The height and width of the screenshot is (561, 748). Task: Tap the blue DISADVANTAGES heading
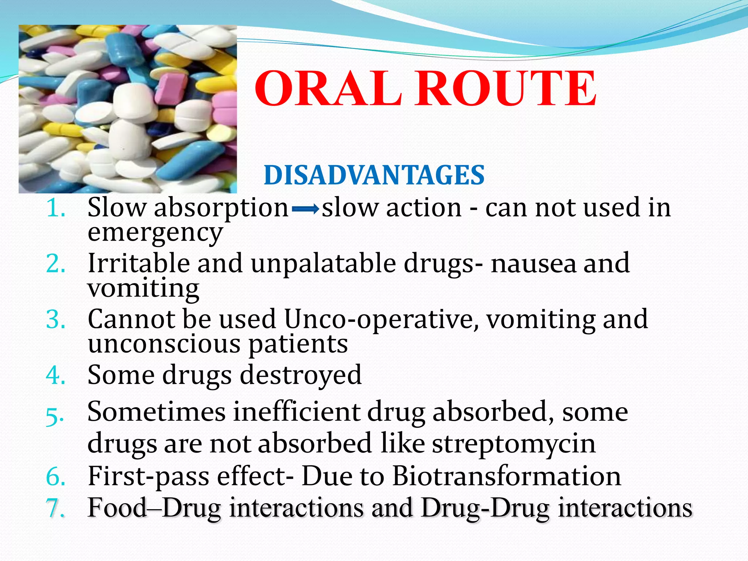tap(374, 175)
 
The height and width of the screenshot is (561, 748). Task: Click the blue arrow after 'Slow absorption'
tap(306, 209)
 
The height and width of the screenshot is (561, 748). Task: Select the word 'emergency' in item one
tap(155, 233)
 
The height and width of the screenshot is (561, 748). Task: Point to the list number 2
tap(56, 264)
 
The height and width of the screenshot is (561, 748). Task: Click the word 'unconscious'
tap(164, 344)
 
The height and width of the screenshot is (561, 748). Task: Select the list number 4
tap(56, 375)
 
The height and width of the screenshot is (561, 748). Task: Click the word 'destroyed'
tap(301, 375)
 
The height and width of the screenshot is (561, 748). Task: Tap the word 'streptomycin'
tap(514, 444)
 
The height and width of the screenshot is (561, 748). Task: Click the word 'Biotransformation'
tap(507, 476)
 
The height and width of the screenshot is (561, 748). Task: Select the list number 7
tap(56, 508)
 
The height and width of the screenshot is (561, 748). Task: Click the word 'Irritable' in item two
tap(139, 264)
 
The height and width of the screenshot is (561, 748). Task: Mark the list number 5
tap(55, 416)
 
